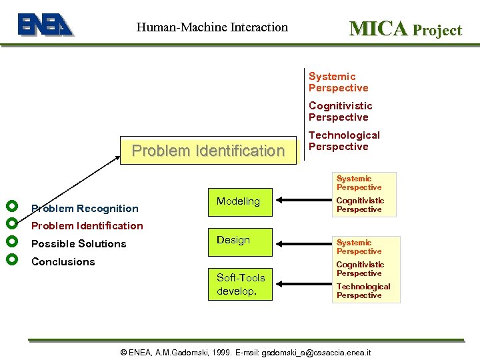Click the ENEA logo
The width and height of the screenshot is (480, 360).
pos(45,25)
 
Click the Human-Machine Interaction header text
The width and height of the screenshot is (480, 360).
pos(212,27)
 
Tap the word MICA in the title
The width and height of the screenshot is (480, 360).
pos(378,29)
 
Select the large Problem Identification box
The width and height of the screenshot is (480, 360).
pos(208,151)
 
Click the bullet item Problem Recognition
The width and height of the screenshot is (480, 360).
pos(85,209)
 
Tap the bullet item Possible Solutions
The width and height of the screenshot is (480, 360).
pos(79,244)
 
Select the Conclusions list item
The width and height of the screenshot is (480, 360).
pos(63,262)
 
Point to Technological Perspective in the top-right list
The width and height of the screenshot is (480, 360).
pos(343,141)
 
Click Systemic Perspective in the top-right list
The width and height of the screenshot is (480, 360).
pos(338,82)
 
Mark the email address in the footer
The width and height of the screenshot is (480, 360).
pos(316,352)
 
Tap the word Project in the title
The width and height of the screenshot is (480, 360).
pos(437,30)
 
